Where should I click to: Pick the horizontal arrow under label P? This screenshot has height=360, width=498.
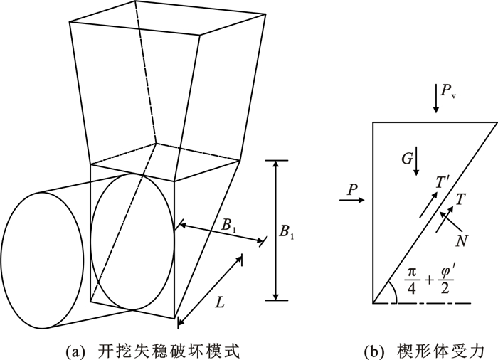[353, 201]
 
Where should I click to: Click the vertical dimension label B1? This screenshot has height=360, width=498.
[290, 231]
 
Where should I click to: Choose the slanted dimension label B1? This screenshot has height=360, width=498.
[229, 226]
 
